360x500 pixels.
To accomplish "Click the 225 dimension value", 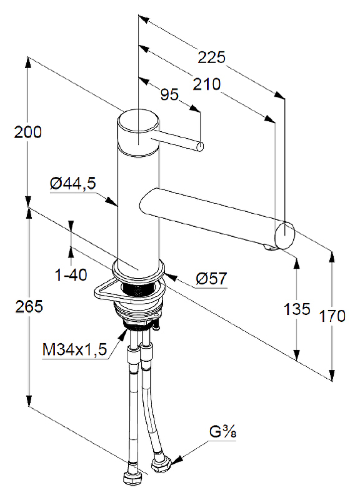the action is [211, 57].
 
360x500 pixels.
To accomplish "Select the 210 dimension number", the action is [207, 84].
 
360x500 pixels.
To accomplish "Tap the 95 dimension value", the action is [169, 95].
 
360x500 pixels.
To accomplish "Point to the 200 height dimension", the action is [27, 132].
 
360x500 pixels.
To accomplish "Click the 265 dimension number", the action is [29, 306].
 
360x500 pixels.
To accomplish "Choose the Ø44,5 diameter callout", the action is [72, 183].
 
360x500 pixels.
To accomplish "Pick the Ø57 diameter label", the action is [211, 279].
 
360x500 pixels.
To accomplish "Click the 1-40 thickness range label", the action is [71, 274].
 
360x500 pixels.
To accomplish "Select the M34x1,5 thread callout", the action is [74, 350].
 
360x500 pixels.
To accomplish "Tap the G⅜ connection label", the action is [222, 432].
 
